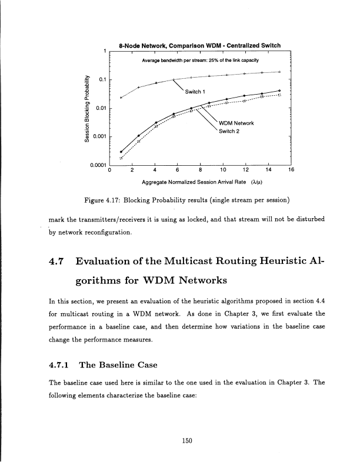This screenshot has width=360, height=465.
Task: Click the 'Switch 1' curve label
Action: (194, 91)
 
